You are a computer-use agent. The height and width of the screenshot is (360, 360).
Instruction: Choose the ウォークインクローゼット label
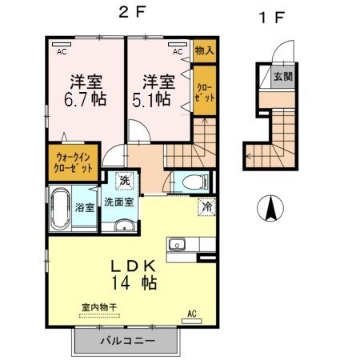pyautogui.click(x=74, y=163)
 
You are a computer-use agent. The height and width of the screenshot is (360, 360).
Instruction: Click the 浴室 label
pyautogui.click(x=85, y=206)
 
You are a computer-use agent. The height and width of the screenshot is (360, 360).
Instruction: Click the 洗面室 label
pyautogui.click(x=118, y=203)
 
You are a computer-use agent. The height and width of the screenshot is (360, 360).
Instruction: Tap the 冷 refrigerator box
pyautogui.click(x=206, y=206)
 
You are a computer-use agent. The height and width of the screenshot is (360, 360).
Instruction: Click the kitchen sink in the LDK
pyautogui.click(x=177, y=245)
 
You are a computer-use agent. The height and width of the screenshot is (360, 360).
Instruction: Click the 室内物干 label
pyautogui.click(x=99, y=306)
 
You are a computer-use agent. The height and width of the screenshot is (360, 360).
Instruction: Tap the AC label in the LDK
pyautogui.click(x=191, y=313)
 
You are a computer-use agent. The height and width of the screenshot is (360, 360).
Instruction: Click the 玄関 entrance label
pyautogui.click(x=282, y=77)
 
